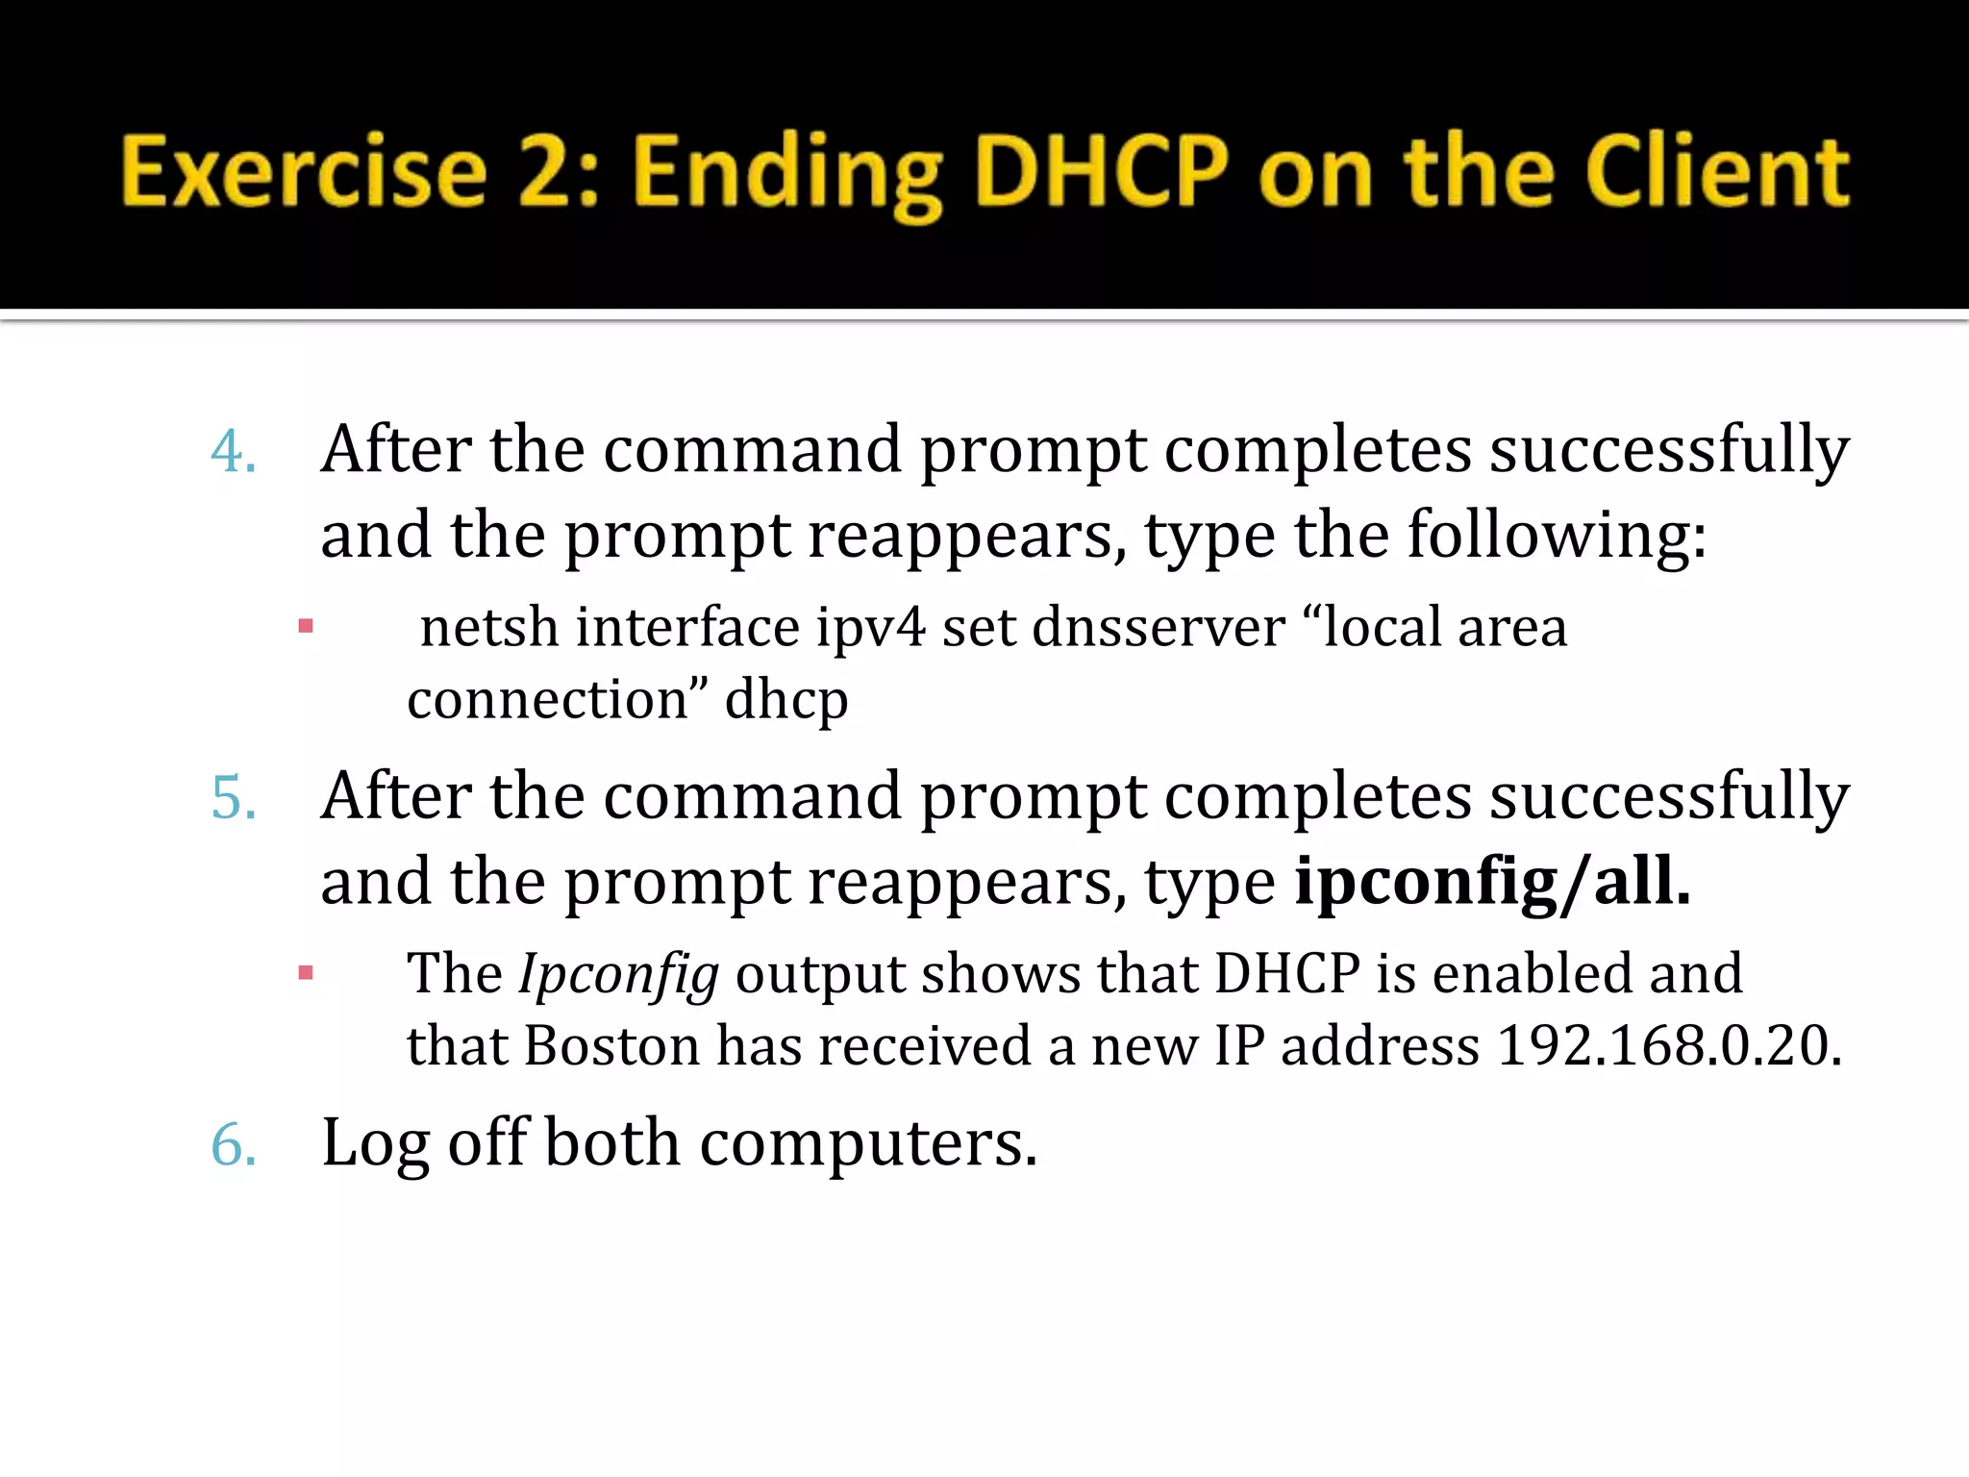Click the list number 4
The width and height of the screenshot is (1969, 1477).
pyautogui.click(x=233, y=452)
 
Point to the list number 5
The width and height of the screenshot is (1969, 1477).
pyautogui.click(x=233, y=798)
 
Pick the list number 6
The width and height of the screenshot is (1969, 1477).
pyautogui.click(x=233, y=1145)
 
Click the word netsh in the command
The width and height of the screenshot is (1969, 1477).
pyautogui.click(x=489, y=628)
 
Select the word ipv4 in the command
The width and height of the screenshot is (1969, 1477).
pyautogui.click(x=870, y=628)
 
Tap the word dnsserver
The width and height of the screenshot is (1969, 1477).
pyautogui.click(x=1159, y=628)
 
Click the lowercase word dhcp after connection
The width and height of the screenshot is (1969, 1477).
pyautogui.click(x=785, y=700)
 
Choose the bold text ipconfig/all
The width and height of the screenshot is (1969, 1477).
pyautogui.click(x=1492, y=882)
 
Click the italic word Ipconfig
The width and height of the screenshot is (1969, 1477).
pyautogui.click(x=618, y=975)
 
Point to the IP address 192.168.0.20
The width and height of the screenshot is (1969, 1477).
pyautogui.click(x=1669, y=1045)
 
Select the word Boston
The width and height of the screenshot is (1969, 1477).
pyautogui.click(x=611, y=1045)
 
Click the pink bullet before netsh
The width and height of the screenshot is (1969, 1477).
pyautogui.click(x=306, y=627)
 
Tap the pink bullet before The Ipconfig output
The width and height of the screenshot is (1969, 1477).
pyautogui.click(x=306, y=973)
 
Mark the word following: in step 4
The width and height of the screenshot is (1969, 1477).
pyautogui.click(x=1557, y=536)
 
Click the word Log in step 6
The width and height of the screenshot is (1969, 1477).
pyautogui.click(x=375, y=1143)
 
